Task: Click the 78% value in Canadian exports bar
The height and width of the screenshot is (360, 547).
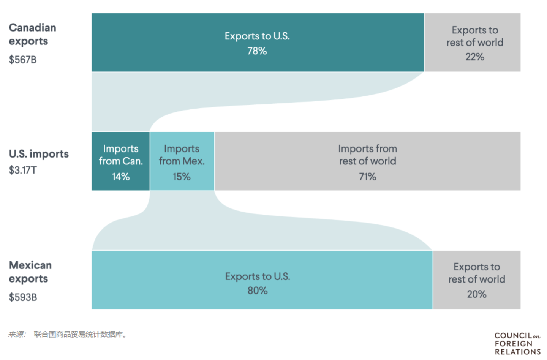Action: point(257,51)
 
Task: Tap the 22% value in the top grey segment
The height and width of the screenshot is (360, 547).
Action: point(475,57)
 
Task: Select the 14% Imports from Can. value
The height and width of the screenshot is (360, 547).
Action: point(121,177)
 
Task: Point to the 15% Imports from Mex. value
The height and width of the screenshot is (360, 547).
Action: point(182,177)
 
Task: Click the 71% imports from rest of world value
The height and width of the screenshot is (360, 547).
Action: point(367,177)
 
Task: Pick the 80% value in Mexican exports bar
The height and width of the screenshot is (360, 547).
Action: point(258,291)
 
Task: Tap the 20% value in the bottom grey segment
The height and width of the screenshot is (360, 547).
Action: point(477,294)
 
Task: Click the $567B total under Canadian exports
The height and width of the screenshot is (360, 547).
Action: point(23,60)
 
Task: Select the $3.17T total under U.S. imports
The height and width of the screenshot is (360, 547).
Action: point(23,170)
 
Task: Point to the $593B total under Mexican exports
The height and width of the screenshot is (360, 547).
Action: point(23,297)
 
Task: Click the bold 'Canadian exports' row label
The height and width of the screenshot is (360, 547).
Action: point(32,34)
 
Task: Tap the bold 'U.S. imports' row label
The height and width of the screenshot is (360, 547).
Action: point(39,154)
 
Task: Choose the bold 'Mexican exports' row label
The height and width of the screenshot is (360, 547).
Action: point(30,272)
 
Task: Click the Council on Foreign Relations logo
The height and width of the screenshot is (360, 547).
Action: point(517,343)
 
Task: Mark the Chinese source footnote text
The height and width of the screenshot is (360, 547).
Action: point(68,334)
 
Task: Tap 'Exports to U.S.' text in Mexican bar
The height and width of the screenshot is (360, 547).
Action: point(258,276)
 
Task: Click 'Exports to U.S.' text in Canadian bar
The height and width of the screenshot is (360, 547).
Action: point(257,36)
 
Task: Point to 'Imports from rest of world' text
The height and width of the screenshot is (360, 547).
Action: point(367,155)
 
